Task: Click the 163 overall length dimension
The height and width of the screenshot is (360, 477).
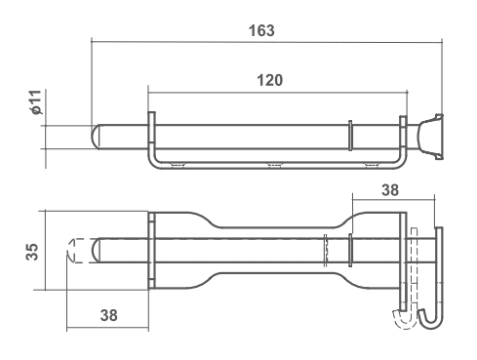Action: click(261, 30)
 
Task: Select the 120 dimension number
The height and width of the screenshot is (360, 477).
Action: click(269, 80)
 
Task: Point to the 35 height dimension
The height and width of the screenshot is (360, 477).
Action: click(32, 252)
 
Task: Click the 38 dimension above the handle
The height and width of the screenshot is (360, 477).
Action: click(390, 190)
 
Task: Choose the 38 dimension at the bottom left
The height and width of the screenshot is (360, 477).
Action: click(108, 315)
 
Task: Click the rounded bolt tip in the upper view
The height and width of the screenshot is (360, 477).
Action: click(96, 137)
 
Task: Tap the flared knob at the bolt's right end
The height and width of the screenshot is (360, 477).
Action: click(430, 137)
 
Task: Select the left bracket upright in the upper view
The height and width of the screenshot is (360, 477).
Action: click(151, 129)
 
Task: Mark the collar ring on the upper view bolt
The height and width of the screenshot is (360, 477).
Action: click(350, 136)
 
